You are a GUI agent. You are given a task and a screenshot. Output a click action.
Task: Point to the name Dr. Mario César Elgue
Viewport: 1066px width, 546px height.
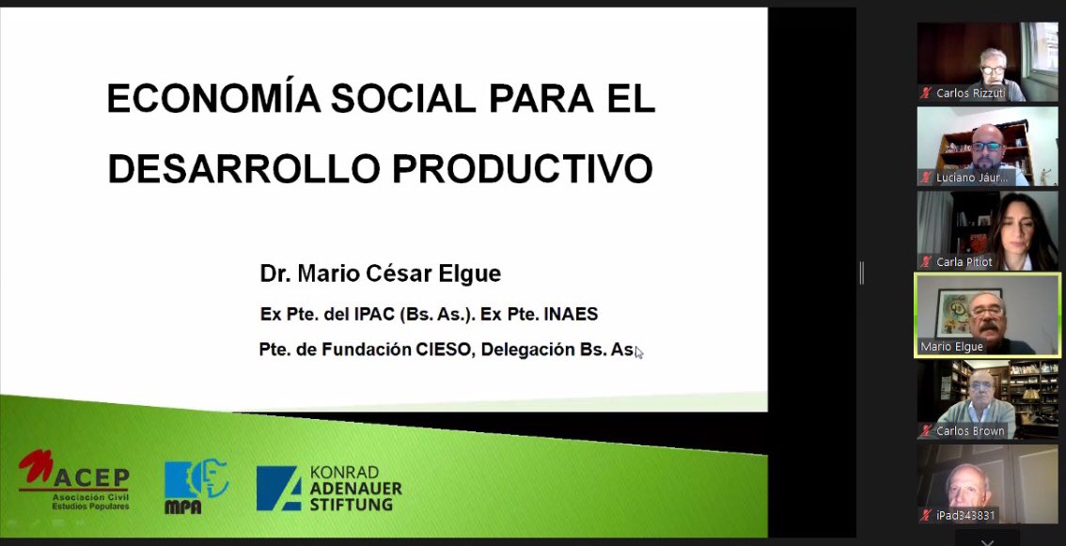click(381, 274)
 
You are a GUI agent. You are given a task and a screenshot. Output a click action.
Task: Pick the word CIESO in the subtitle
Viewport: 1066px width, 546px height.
click(444, 350)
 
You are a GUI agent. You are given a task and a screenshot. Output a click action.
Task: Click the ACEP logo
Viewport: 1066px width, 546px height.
click(75, 480)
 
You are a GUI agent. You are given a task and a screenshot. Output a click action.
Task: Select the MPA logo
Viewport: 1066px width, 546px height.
click(196, 486)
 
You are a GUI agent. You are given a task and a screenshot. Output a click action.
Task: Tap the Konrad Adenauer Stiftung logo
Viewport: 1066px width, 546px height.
click(329, 488)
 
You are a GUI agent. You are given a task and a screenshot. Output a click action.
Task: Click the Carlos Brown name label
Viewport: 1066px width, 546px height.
click(970, 431)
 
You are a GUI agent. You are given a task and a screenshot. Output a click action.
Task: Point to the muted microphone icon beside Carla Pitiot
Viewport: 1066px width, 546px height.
click(926, 262)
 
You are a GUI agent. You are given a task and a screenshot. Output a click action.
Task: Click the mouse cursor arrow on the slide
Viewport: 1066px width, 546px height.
click(639, 352)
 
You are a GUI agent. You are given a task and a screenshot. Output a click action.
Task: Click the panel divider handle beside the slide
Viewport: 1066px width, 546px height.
click(861, 273)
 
